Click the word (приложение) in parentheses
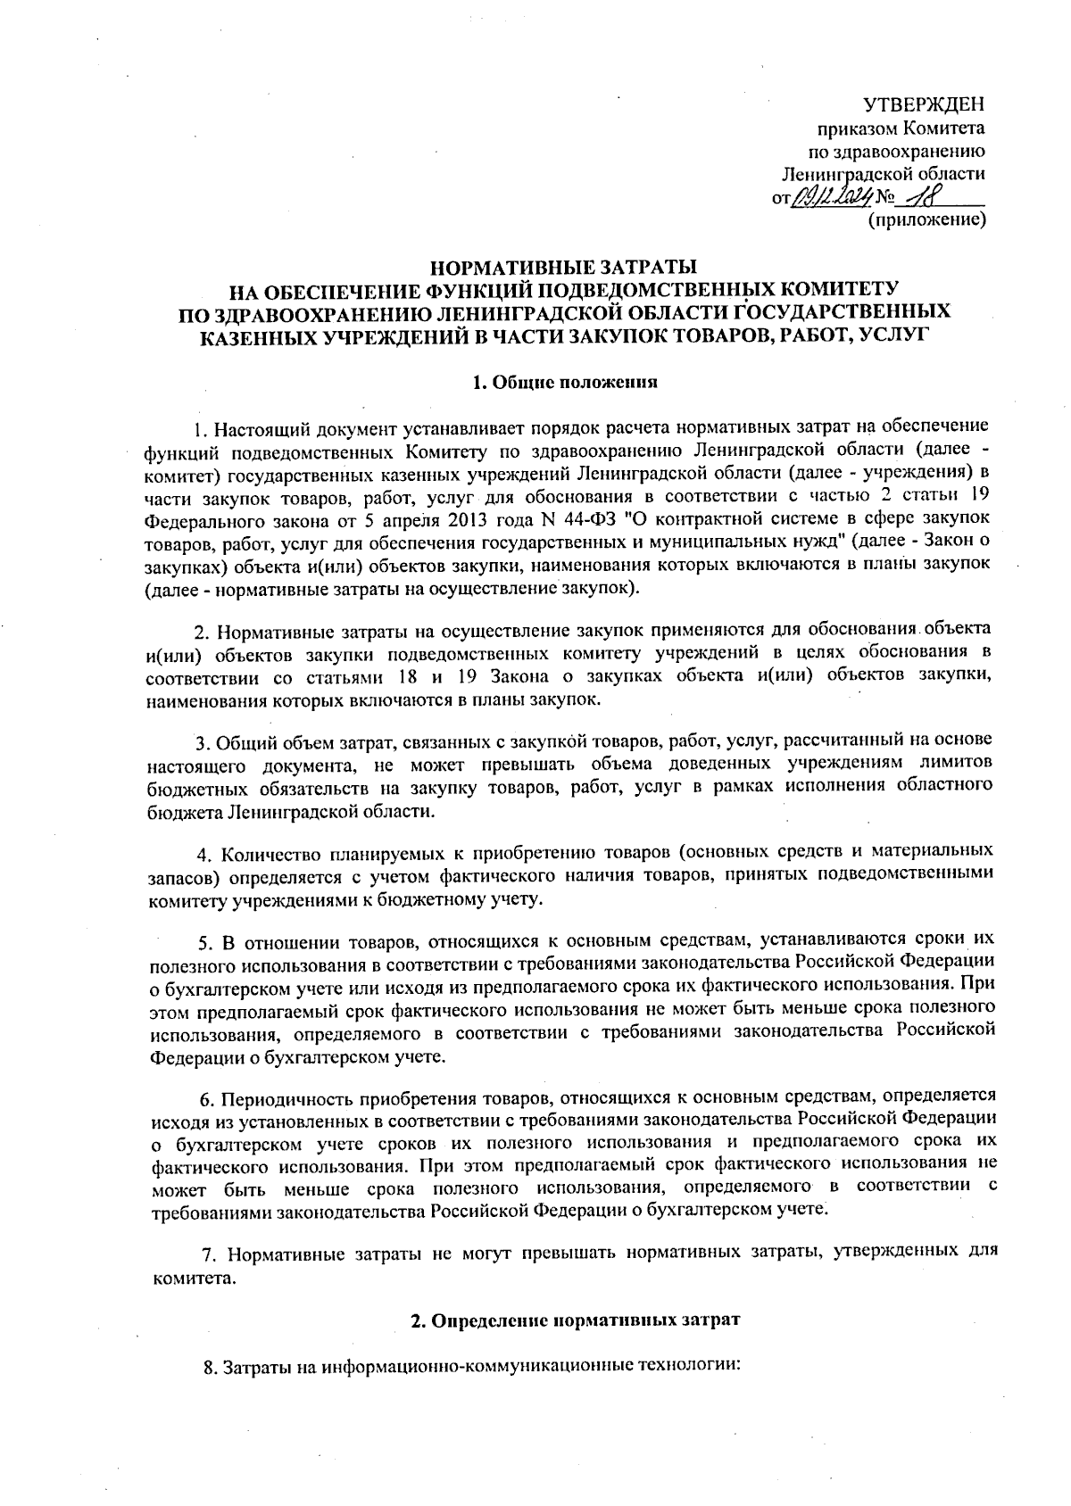tap(927, 218)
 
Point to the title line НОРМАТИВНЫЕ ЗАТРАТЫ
tap(564, 268)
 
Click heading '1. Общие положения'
tap(564, 383)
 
